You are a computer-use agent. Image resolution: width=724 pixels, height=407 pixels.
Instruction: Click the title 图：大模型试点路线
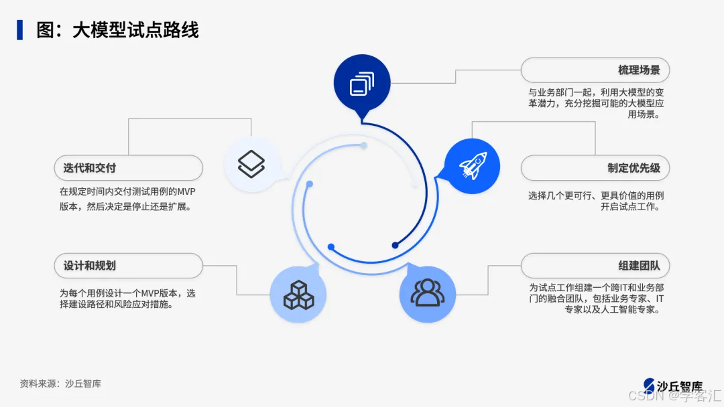click(x=118, y=30)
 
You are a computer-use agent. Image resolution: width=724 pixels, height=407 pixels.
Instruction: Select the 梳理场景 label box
click(x=595, y=70)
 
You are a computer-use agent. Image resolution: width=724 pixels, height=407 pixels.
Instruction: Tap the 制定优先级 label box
click(x=595, y=168)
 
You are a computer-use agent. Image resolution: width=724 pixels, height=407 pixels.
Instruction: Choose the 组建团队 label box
click(x=595, y=266)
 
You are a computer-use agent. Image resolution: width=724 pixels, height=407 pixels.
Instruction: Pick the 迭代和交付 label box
click(x=128, y=168)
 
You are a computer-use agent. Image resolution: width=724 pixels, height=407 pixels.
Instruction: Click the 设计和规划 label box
click(x=128, y=266)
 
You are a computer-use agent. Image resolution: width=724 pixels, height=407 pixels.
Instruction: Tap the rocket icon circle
click(x=473, y=166)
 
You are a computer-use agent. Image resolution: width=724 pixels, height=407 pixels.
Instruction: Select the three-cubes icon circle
click(x=298, y=295)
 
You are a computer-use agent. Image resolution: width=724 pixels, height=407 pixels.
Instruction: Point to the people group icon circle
click(x=427, y=294)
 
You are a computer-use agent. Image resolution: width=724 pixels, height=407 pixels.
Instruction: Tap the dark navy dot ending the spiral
click(x=396, y=246)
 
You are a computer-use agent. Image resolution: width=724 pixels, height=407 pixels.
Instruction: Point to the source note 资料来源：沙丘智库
click(x=60, y=384)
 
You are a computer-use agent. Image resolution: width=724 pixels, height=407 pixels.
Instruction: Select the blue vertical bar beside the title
click(x=20, y=30)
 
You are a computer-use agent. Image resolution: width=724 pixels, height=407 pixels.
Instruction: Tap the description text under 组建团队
click(x=595, y=299)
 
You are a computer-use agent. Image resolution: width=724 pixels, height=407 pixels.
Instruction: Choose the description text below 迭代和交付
click(x=127, y=199)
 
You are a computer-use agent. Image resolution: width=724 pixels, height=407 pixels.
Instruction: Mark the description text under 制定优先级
click(x=595, y=201)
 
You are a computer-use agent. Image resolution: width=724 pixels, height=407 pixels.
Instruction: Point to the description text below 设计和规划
click(x=127, y=299)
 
